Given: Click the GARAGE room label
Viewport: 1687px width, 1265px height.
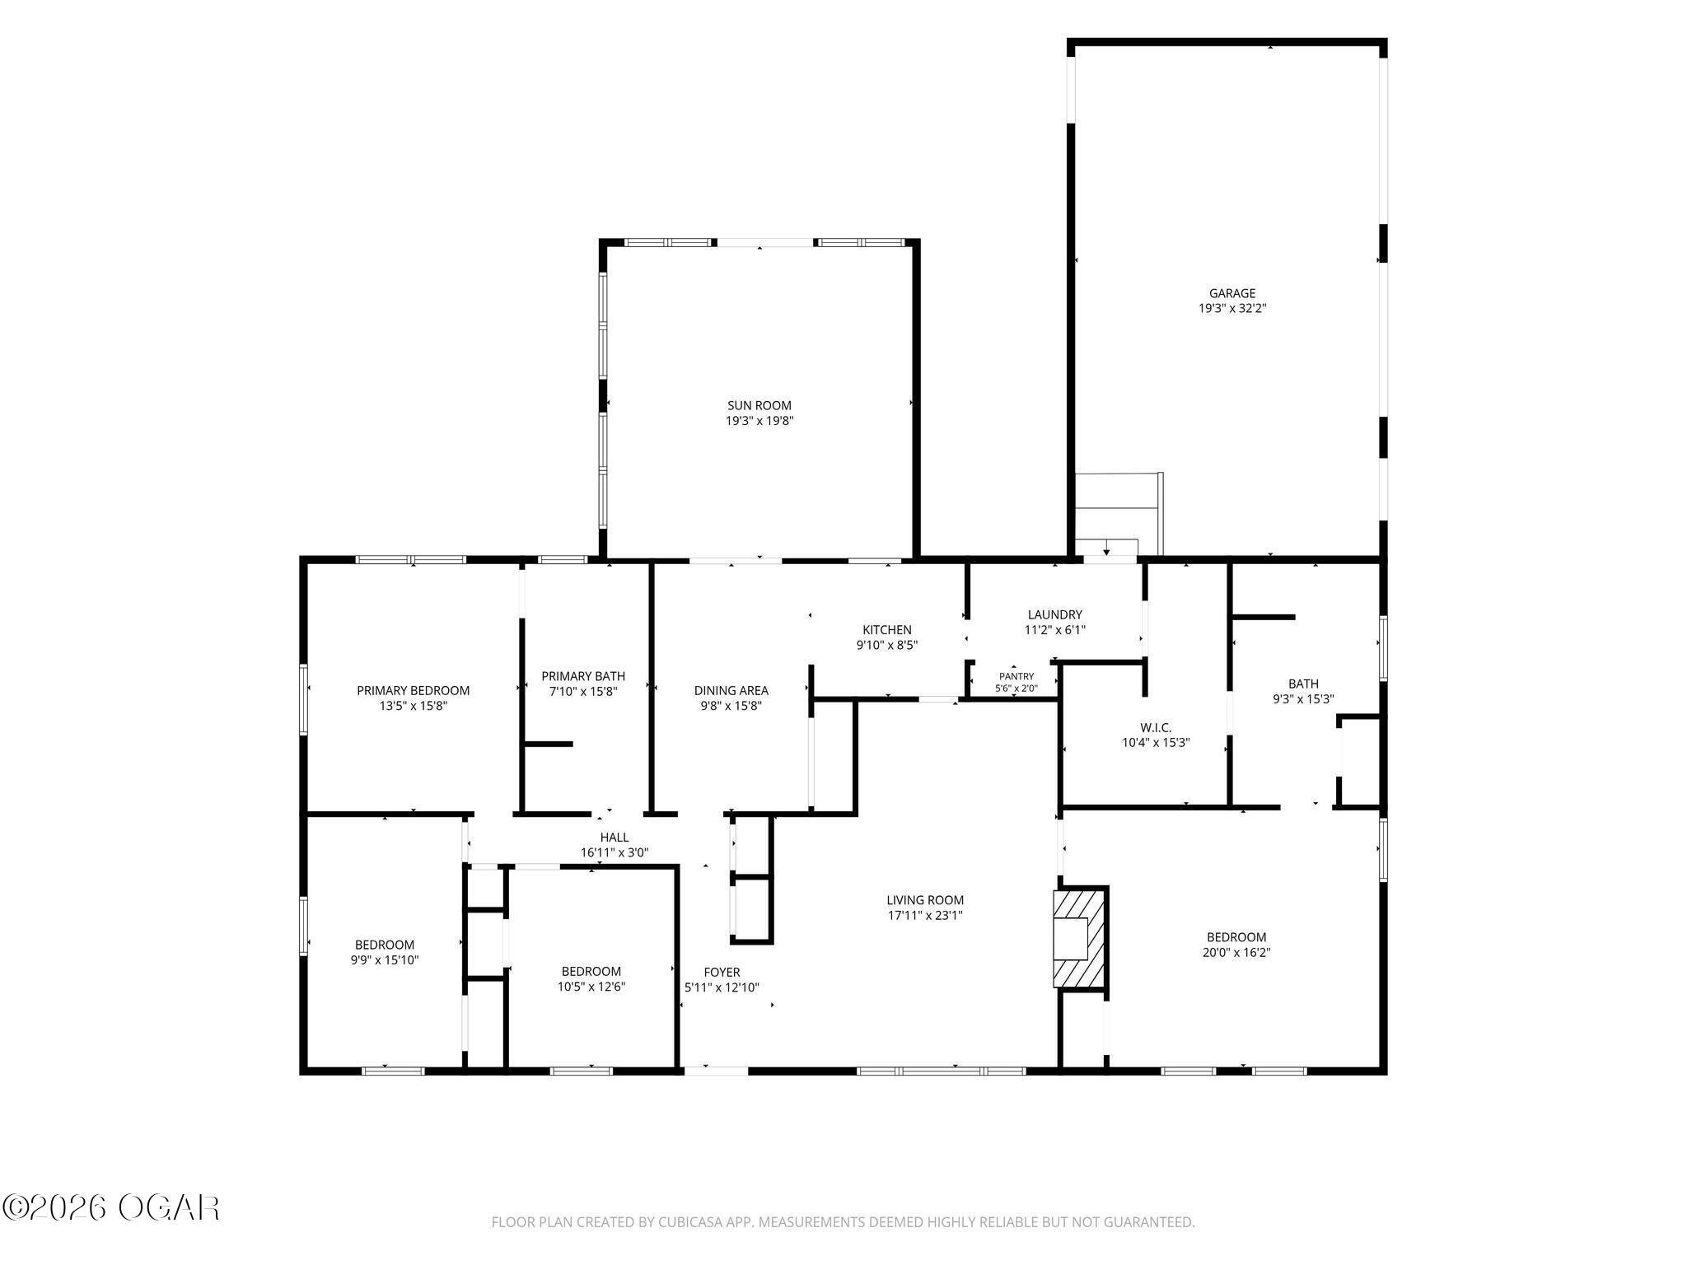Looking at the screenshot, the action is [1232, 293].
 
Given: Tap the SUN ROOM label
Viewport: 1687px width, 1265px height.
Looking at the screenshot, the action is [759, 405].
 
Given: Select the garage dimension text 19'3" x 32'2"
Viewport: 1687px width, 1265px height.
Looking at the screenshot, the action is [1232, 309].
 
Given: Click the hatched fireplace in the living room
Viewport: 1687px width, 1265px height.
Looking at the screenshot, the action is [1081, 937].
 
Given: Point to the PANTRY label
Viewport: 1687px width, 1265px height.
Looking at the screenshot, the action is [1016, 676].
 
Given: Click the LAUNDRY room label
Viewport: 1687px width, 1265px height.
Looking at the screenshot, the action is [1054, 614].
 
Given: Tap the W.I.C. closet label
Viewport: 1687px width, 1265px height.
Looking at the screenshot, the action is [1156, 727].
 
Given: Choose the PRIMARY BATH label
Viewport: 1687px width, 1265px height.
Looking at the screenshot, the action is [583, 676].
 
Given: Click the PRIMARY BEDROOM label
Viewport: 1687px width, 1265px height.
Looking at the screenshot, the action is [413, 690].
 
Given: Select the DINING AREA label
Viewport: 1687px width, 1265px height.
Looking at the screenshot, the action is [731, 690].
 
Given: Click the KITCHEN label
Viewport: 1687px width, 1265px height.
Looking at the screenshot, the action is [886, 630].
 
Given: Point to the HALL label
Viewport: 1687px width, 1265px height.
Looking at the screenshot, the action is [615, 838].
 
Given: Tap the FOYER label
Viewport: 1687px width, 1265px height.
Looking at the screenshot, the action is [722, 972].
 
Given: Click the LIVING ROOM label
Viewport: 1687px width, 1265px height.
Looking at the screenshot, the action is [925, 900].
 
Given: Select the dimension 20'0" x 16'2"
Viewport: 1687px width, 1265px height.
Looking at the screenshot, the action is [1236, 953].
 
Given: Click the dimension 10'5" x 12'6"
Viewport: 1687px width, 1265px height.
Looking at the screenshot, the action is [591, 987].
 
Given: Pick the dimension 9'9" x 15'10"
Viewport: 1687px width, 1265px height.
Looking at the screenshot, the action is [385, 959].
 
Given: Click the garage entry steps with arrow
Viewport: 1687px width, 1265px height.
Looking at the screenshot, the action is [1118, 515].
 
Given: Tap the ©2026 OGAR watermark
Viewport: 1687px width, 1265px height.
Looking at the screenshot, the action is [111, 1208].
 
